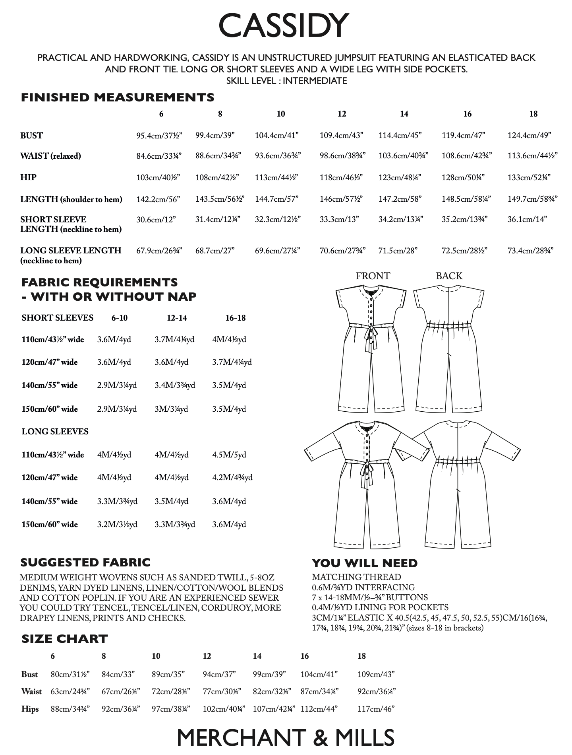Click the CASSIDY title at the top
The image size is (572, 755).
pyautogui.click(x=283, y=25)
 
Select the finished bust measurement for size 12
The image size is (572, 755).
pyautogui.click(x=341, y=135)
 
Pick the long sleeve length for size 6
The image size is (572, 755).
pyautogui.click(x=159, y=251)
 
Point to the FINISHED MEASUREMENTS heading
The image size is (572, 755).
pyautogui.click(x=117, y=97)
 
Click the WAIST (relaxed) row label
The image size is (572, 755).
pyautogui.click(x=50, y=156)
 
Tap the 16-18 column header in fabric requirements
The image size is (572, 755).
pyautogui.click(x=235, y=318)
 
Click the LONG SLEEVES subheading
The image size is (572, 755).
pyautogui.click(x=55, y=432)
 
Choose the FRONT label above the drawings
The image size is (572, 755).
pyautogui.click(x=373, y=276)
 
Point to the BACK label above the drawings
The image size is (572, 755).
pyautogui.click(x=449, y=276)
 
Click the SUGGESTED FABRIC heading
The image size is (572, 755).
pyautogui.click(x=85, y=562)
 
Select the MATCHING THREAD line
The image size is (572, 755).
pyautogui.click(x=356, y=577)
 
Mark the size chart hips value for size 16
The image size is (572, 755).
pyautogui.click(x=319, y=709)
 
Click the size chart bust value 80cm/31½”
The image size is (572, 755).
pyautogui.click(x=70, y=674)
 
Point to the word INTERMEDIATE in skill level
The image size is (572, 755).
pyautogui.click(x=315, y=81)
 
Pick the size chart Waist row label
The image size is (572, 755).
pyautogui.click(x=31, y=691)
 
